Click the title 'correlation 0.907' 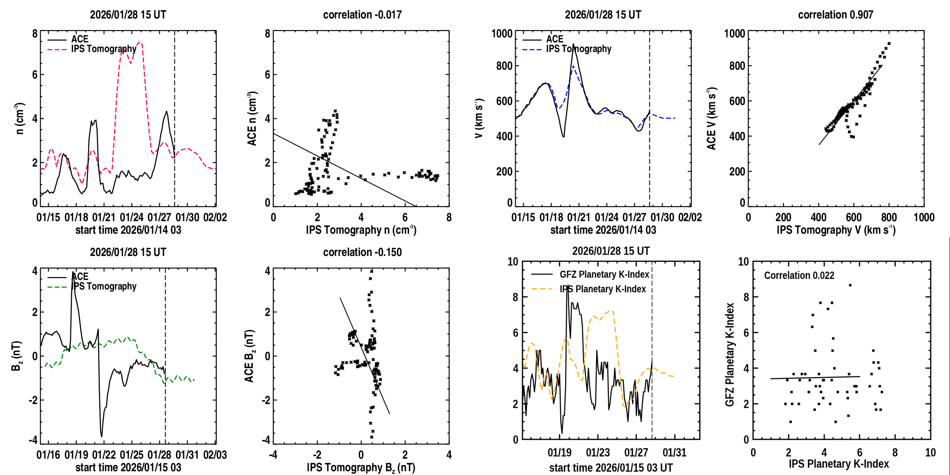tap(835, 15)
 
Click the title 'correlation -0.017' tap(362, 15)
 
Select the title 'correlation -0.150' tap(362, 252)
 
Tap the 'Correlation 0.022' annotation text tap(799, 275)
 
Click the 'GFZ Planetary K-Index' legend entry tap(604, 274)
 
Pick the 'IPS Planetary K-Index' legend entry tap(602, 289)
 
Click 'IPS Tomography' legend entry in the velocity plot tap(579, 49)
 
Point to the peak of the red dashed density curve tap(140, 42)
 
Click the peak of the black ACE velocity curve tap(573, 44)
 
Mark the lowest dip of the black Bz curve tap(101, 436)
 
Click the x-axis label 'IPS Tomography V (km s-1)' tap(836, 230)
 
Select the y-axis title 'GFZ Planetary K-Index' tap(730, 355)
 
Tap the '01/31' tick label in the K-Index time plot tap(674, 452)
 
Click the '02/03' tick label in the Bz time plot tap(215, 455)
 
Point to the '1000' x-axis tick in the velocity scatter tap(924, 217)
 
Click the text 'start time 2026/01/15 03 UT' tap(611, 467)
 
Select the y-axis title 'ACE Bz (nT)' tap(249, 356)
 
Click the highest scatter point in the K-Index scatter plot tap(850, 285)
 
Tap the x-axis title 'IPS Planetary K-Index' tap(838, 464)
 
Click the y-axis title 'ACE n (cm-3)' tap(252, 119)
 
